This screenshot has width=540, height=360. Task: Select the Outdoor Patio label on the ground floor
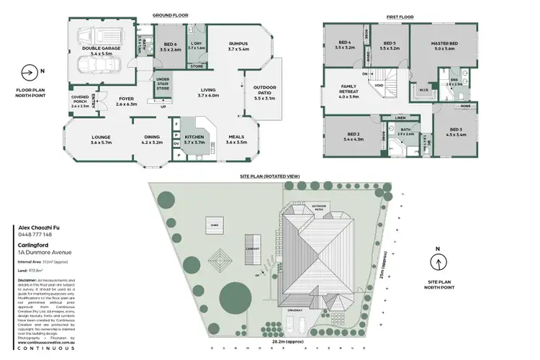click(264, 91)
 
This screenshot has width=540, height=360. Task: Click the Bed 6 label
click(171, 47)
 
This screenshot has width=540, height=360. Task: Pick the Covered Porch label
click(79, 102)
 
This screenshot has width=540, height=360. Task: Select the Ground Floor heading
click(169, 14)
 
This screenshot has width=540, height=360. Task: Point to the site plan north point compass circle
click(438, 261)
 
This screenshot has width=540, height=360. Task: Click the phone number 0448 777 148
click(33, 235)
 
